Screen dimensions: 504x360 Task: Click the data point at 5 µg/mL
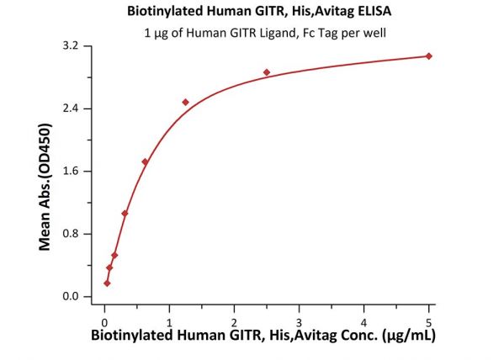click(428, 56)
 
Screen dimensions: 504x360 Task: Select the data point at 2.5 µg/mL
click(267, 72)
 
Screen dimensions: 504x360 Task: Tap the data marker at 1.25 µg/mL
click(185, 103)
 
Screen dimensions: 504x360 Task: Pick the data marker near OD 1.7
click(145, 162)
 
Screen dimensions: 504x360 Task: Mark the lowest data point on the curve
click(107, 283)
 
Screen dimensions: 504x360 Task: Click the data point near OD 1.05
click(125, 214)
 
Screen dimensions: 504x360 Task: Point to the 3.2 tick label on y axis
click(71, 45)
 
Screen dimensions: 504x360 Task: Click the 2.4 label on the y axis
click(71, 109)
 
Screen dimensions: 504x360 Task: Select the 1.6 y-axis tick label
click(71, 171)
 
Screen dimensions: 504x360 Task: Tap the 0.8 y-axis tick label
click(71, 233)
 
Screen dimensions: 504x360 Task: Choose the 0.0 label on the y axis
click(71, 296)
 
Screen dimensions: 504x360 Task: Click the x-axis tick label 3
click(299, 322)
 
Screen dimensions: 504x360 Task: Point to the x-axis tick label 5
click(428, 322)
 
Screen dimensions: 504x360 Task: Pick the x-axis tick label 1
click(169, 322)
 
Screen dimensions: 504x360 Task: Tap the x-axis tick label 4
click(363, 322)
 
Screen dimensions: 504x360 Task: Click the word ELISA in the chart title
click(374, 11)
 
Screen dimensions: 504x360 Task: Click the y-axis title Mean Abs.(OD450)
click(45, 187)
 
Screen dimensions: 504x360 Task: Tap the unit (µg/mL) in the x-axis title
click(408, 336)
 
